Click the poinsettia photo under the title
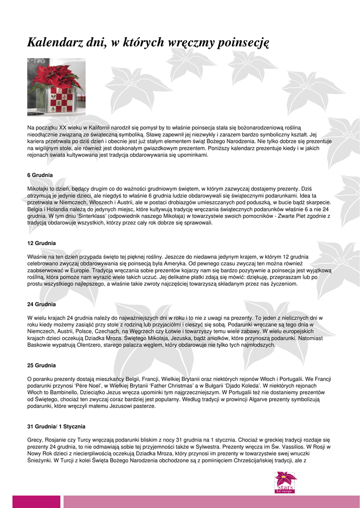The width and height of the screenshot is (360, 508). coord(56,87)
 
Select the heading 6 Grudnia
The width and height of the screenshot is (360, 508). coord(40,175)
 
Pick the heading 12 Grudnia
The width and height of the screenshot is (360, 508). coord(41,243)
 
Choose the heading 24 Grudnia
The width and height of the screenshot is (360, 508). coord(41,304)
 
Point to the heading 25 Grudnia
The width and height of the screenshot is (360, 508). coord(41,365)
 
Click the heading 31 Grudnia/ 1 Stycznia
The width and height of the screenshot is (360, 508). coord(56,426)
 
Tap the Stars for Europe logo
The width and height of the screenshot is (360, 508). coord(286,482)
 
